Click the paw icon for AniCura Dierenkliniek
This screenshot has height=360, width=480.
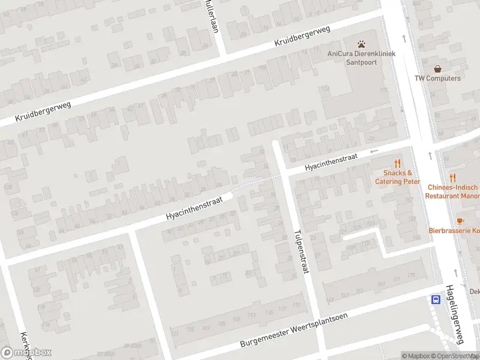click(x=362, y=44)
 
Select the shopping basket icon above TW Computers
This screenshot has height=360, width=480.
click(x=438, y=69)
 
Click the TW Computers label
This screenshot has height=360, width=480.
click(x=438, y=79)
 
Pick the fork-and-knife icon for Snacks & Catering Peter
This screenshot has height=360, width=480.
click(x=397, y=163)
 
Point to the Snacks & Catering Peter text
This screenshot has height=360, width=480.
click(x=397, y=178)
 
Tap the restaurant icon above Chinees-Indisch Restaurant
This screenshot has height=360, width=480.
click(x=452, y=178)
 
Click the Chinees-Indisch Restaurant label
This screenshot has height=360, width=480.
click(x=454, y=191)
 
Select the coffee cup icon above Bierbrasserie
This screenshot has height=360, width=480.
click(x=460, y=221)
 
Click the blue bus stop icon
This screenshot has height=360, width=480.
click(x=434, y=299)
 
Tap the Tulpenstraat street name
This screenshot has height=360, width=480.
click(x=301, y=251)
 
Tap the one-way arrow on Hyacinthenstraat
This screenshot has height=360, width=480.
click(x=374, y=151)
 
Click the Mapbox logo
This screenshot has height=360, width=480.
click(x=26, y=352)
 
